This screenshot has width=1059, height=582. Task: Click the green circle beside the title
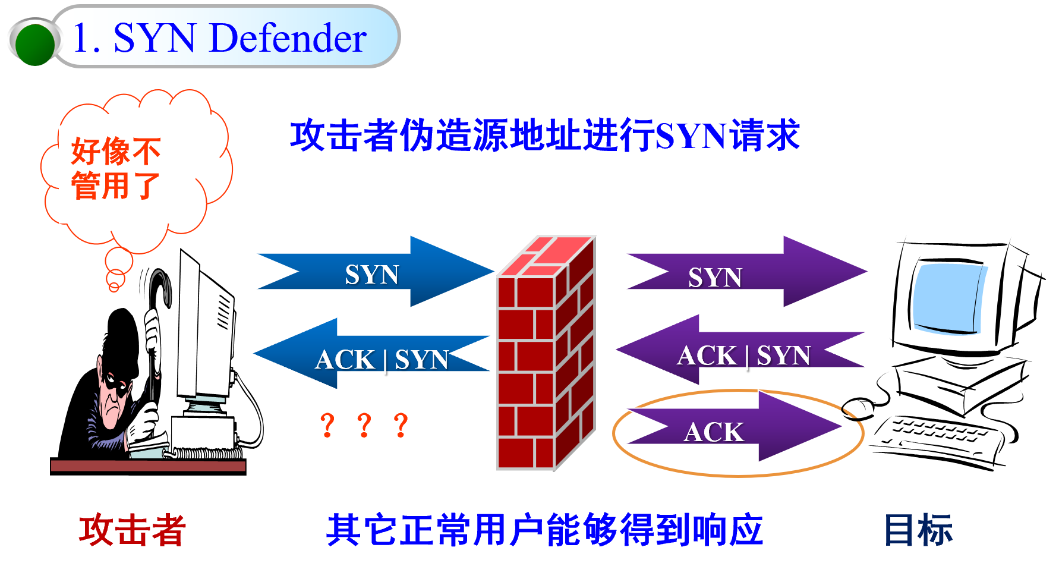click(x=35, y=43)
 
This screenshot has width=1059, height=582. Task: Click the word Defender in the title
click(x=288, y=38)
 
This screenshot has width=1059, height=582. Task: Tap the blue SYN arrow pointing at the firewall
click(x=374, y=273)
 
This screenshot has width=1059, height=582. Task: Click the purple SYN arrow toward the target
click(x=743, y=274)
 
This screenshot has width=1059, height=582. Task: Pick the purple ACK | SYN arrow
click(x=743, y=354)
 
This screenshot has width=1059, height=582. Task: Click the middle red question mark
click(x=364, y=426)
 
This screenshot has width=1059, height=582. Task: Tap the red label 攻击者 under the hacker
click(x=132, y=530)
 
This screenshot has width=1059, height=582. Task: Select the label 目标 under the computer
click(x=918, y=530)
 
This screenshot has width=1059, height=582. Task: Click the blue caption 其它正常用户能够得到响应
click(x=544, y=530)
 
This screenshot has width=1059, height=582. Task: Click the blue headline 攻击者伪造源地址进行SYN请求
click(x=544, y=136)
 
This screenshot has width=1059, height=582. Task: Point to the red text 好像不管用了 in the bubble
click(x=116, y=168)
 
